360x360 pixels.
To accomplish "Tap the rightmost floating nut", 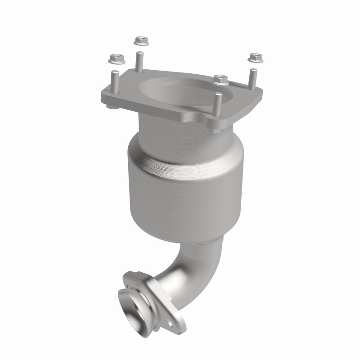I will pyautogui.click(x=255, y=57).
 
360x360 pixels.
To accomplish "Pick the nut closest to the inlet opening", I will pyautogui.click(x=220, y=79).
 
